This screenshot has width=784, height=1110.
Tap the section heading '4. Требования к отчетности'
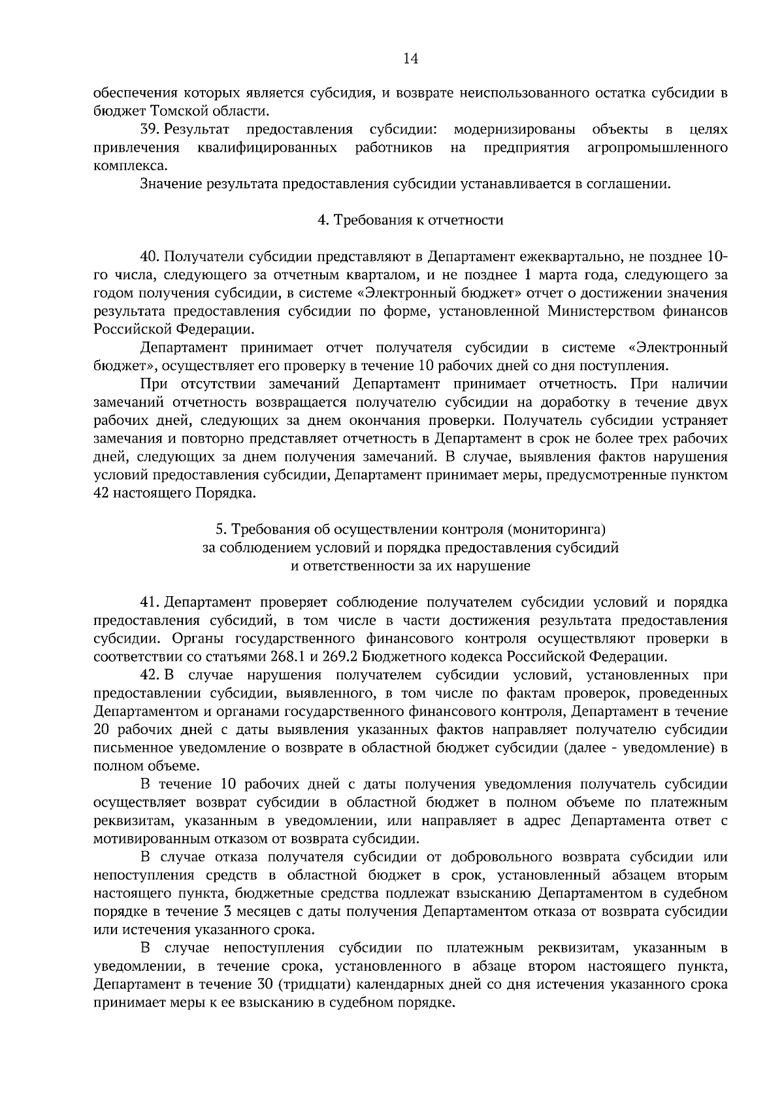tap(410, 220)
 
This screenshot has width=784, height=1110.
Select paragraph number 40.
tap(151, 256)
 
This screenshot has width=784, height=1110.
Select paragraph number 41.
tap(150, 601)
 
